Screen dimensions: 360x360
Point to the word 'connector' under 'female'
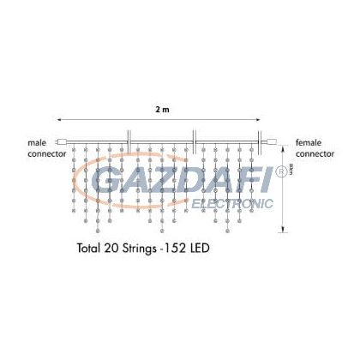point(315,153)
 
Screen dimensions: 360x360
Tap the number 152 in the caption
point(176,252)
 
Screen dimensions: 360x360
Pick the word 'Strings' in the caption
point(141,252)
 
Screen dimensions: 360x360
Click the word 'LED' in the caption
point(199,252)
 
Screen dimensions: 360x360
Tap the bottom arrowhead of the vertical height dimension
point(285,232)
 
